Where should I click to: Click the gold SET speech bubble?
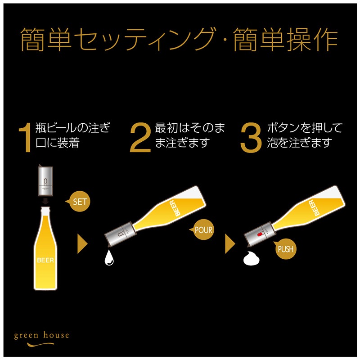click(x=79, y=202)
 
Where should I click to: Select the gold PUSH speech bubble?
click(x=285, y=249)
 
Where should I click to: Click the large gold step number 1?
click(x=26, y=138)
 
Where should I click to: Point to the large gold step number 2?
click(x=140, y=138)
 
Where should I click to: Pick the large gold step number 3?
click(x=251, y=138)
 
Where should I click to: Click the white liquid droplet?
click(x=109, y=257)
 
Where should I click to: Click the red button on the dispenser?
click(x=260, y=234)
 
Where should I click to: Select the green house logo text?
click(x=41, y=335)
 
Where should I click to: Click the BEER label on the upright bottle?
click(x=45, y=260)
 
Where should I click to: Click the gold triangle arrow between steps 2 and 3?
click(x=230, y=244)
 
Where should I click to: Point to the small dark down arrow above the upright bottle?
click(x=46, y=201)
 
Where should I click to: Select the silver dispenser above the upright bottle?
click(x=46, y=181)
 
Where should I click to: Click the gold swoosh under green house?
click(x=40, y=344)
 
